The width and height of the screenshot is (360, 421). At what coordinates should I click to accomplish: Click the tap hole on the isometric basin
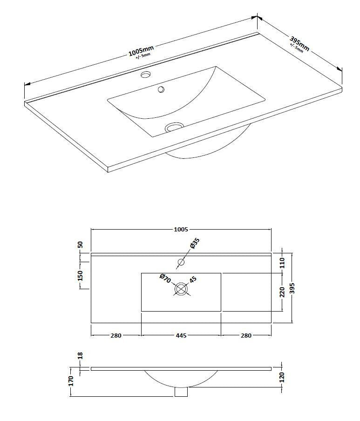pos(146,75)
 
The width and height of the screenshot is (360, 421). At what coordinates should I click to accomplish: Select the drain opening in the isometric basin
pos(175,126)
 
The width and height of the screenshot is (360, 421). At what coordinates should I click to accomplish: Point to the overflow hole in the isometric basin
pos(161,89)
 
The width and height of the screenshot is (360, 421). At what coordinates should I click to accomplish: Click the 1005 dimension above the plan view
pos(181,229)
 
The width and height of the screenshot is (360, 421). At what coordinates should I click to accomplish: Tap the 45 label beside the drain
pos(192,280)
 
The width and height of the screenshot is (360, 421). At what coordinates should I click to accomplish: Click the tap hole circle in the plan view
pos(181,263)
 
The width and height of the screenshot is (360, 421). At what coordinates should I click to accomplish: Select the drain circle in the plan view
pos(181,290)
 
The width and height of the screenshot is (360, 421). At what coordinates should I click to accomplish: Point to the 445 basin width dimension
pos(181,335)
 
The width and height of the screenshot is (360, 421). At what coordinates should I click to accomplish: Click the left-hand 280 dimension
pos(115,335)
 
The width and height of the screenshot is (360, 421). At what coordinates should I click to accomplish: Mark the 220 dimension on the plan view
pos(282,292)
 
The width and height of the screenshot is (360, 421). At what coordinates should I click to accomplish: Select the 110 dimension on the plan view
pos(282,263)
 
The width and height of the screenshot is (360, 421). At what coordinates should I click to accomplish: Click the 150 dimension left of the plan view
pos(80,275)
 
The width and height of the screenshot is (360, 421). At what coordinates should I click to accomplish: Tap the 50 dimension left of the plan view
pos(80,244)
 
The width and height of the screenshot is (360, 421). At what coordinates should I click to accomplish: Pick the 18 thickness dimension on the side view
pos(80,355)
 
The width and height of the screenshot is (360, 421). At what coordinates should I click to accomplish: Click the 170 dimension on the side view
pos(71,381)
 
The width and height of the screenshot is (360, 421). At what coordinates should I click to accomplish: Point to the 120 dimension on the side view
pos(282,376)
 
